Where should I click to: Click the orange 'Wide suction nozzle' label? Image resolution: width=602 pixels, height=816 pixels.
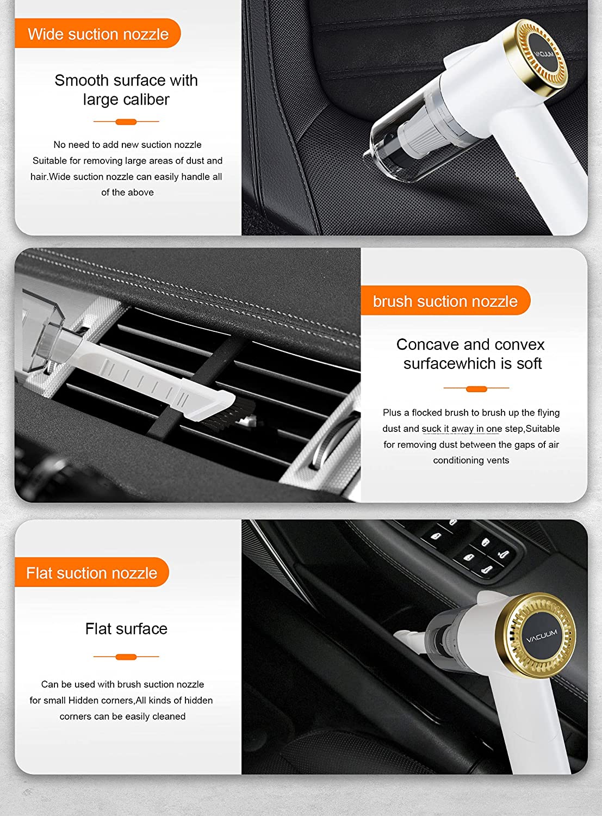point(98,34)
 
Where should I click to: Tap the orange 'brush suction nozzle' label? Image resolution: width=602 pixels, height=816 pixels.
point(445,301)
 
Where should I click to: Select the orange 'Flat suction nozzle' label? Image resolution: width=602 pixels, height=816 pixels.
point(91,573)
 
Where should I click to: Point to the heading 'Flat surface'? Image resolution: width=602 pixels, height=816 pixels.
point(126,629)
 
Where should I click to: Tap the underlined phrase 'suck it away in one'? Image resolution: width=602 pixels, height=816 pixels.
point(462,429)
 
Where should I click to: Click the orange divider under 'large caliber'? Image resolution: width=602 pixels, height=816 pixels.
point(126,121)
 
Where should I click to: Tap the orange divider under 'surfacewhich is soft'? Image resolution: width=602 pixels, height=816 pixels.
point(476,388)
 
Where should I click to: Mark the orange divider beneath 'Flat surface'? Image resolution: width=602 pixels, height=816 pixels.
point(126,657)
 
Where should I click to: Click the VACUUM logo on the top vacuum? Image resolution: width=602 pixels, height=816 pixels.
point(543,54)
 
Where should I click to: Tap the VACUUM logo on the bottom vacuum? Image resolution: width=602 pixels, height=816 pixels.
point(542,635)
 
